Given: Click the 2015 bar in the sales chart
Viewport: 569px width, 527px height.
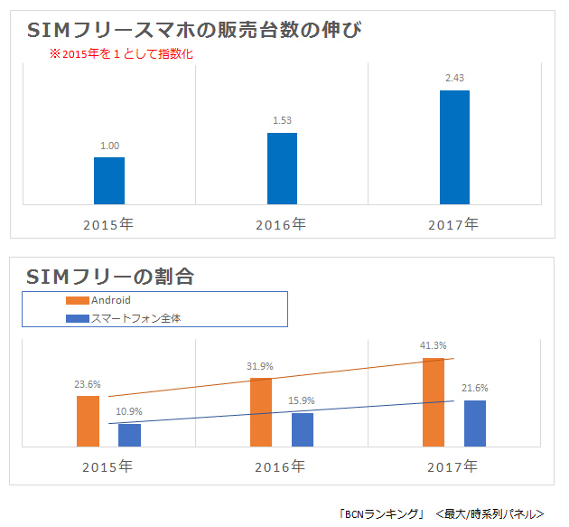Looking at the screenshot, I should click(109, 181).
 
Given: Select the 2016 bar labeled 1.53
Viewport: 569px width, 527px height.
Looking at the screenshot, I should click(282, 169).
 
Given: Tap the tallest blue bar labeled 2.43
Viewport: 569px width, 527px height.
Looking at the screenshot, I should click(454, 147).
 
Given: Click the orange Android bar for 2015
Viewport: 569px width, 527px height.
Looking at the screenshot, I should click(89, 421).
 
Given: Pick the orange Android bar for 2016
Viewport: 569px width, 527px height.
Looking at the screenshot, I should click(261, 411).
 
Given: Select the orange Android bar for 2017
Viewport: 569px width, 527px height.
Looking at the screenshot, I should click(434, 401).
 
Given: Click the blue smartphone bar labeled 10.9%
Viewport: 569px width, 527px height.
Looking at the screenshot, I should click(130, 435).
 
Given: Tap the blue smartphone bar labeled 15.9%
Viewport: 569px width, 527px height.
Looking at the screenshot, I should click(303, 429).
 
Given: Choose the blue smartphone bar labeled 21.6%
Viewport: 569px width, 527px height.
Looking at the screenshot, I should click(475, 423).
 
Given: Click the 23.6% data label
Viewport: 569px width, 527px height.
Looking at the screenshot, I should click(88, 383).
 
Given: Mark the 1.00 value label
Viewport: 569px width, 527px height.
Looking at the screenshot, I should click(109, 145).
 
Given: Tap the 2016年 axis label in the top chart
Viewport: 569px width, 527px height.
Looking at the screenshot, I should click(280, 223).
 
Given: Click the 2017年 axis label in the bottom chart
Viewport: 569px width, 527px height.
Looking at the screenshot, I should click(453, 467).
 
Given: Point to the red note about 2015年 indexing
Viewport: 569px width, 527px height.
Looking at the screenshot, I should click(121, 54).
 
